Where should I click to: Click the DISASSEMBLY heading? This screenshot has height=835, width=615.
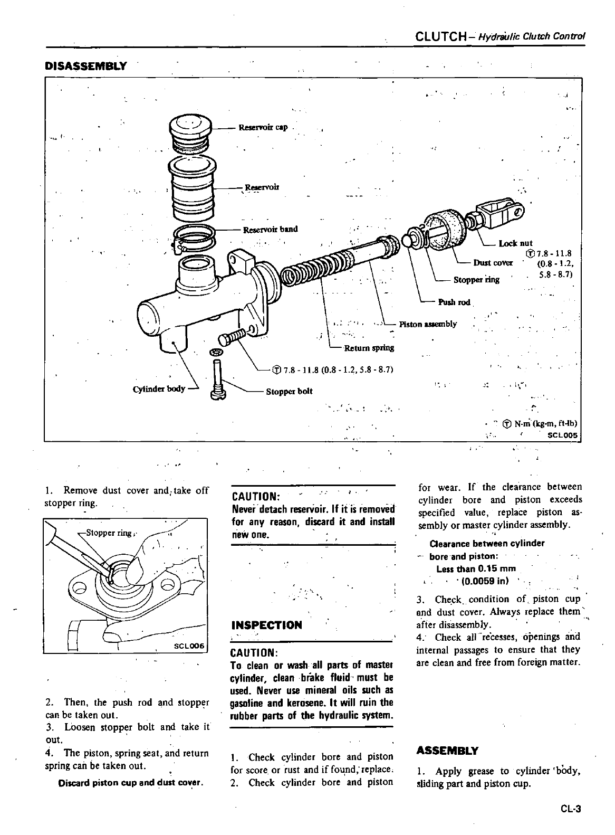click(86, 66)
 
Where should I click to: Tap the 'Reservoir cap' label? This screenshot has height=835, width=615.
click(263, 127)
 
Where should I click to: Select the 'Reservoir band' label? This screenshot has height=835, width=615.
click(270, 229)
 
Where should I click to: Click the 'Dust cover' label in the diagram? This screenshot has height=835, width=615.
click(493, 262)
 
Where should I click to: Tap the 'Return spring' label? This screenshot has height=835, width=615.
click(369, 348)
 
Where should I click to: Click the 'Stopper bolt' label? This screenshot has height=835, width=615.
click(289, 391)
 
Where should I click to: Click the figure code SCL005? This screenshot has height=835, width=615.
click(563, 435)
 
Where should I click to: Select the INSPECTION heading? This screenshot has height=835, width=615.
click(267, 625)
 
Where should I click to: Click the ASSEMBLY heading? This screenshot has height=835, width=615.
click(447, 751)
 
